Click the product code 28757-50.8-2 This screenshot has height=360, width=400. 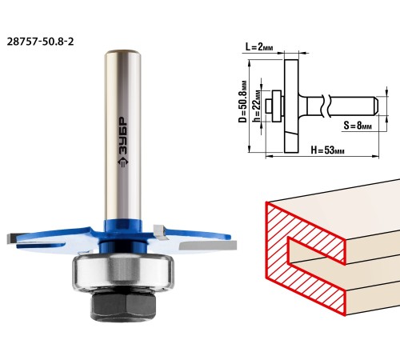pyautogui.click(x=40, y=42)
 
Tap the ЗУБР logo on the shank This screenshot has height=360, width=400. pyautogui.click(x=123, y=142)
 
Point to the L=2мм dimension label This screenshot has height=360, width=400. pyautogui.click(x=259, y=47)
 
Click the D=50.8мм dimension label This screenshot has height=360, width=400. pyautogui.click(x=242, y=102)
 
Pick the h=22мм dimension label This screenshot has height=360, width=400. pyautogui.click(x=257, y=106)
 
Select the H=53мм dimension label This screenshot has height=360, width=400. pyautogui.click(x=327, y=150)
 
